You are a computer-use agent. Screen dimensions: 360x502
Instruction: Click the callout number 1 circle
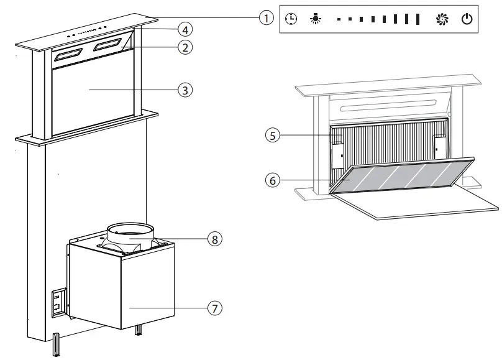point(266,17)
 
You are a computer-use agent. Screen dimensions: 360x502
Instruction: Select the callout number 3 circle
point(183,90)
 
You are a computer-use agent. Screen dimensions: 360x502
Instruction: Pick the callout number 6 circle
point(272,180)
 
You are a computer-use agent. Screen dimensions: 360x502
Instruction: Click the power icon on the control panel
point(467,19)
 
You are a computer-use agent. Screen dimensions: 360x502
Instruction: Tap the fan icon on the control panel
point(442,19)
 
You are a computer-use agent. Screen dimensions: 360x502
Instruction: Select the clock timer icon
point(291,19)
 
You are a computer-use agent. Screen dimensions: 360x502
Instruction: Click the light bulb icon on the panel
point(315,19)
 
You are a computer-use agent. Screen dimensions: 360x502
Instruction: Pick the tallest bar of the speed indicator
point(418,19)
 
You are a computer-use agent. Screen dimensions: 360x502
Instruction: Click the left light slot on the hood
point(70,55)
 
